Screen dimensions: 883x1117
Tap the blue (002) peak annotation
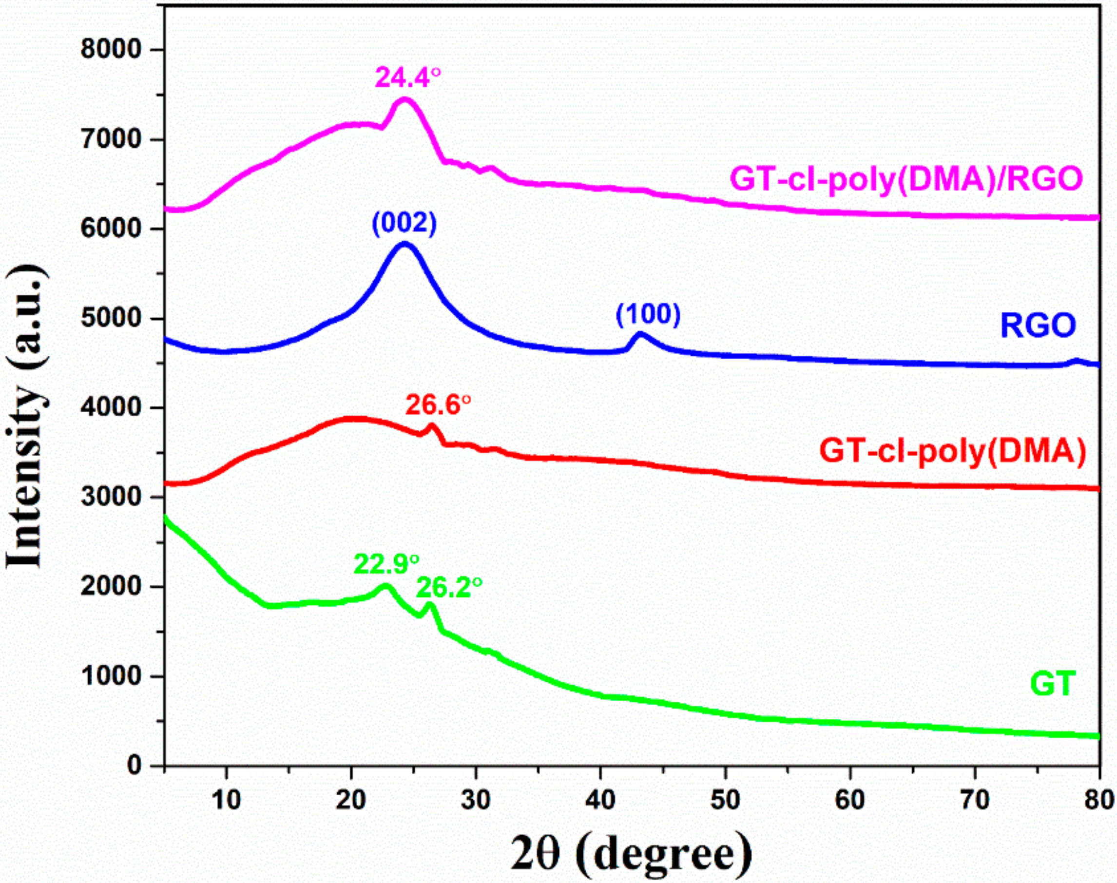click(404, 223)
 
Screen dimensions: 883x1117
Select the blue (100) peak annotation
click(648, 314)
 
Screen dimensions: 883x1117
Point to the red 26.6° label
click(438, 405)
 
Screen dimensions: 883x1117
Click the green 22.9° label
click(386, 564)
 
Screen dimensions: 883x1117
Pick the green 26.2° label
click(449, 587)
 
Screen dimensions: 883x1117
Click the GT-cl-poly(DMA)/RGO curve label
click(905, 179)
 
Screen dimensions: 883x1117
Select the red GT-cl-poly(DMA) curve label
click(953, 451)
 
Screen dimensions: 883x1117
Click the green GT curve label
click(1053, 684)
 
